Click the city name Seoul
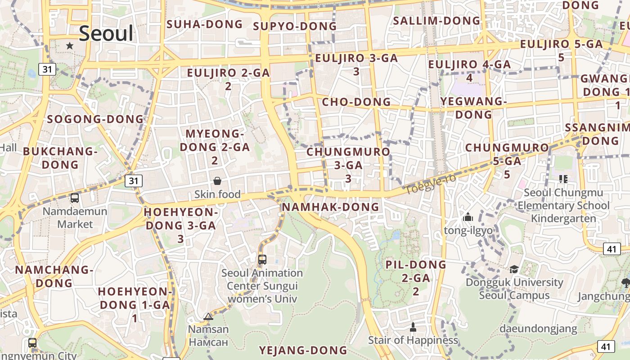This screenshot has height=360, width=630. coord(106,34)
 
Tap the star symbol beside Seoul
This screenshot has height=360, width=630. coord(70,46)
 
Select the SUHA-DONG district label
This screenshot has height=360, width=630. coord(205,24)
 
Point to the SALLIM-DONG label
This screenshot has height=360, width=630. coord(436,21)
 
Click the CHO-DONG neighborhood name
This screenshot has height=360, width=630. coord(356,102)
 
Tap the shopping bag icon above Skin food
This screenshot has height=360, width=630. coord(217,181)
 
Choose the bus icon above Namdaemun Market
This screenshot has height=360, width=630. coord(75,198)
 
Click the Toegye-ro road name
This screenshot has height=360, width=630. coord(431,184)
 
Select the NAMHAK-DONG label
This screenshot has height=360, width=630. coord(330,207)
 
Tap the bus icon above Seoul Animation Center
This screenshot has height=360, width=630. coord(262,259)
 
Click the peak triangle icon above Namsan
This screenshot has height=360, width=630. coord(208,316)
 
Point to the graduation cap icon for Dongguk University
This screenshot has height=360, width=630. coord(514,269)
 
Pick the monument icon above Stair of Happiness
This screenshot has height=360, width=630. coord(413,327)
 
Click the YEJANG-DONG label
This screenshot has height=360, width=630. coord(303,350)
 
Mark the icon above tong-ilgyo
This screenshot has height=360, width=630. coord(468,217)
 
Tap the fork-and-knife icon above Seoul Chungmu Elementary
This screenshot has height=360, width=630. coord(563,179)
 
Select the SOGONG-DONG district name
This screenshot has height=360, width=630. coord(95,119)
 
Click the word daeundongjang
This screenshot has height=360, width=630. coord(538,328)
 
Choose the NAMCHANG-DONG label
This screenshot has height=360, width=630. coord(54,276)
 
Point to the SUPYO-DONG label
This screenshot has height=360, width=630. coord(295,27)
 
